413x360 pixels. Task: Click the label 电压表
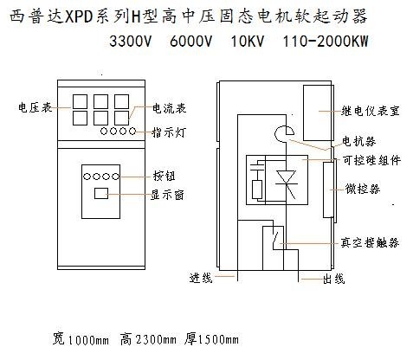click(35, 107)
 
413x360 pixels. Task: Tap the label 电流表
click(170, 108)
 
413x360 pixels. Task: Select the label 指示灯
click(169, 132)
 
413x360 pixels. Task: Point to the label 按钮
click(165, 176)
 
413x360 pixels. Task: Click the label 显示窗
click(167, 195)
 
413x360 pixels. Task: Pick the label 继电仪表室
click(371, 111)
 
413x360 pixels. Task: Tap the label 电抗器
click(359, 141)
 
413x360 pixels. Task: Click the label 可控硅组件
click(371, 160)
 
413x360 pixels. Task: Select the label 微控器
click(363, 189)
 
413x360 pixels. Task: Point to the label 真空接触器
click(370, 242)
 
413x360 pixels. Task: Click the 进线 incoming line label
click(201, 278)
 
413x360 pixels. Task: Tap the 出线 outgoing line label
click(333, 279)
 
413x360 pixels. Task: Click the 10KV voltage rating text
click(248, 42)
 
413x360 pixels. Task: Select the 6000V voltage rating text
click(190, 42)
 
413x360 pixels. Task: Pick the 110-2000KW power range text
click(326, 42)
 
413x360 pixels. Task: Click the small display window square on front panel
click(101, 194)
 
